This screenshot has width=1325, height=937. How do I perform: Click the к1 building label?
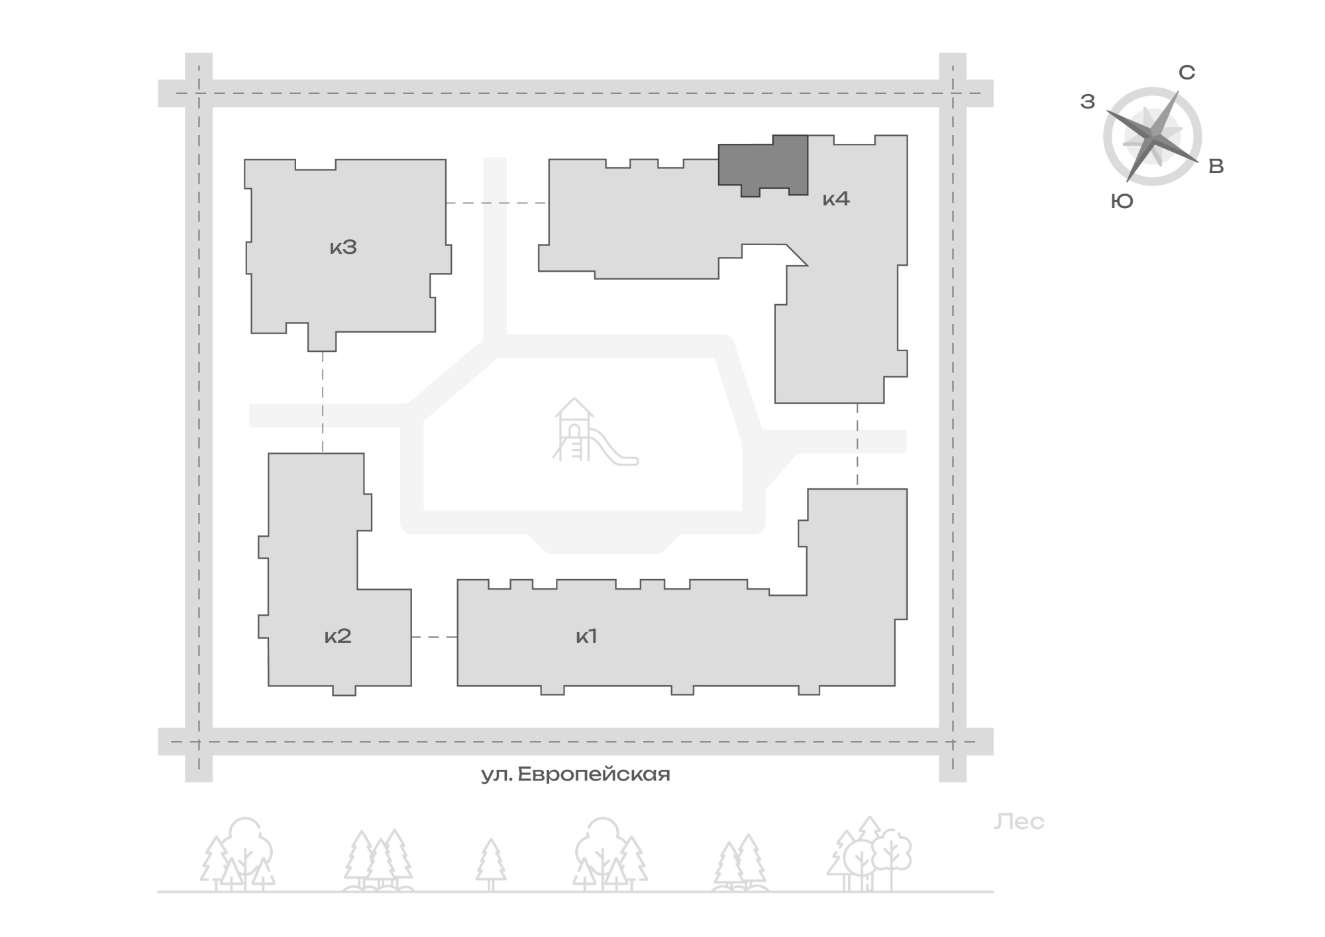pos(587,636)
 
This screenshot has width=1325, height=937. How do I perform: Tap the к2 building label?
pos(338,636)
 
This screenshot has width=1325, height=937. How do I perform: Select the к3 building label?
pos(343,247)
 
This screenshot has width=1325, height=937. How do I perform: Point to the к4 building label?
pos(836,199)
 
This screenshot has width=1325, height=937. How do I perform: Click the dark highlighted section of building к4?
pos(763,166)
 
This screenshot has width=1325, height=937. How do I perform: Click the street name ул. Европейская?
pos(576,774)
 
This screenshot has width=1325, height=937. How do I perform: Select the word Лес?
pos(1019,822)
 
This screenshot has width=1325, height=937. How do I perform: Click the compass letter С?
pos(1187,72)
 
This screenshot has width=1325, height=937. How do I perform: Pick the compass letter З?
pos(1088,101)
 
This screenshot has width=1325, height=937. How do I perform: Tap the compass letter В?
pos(1216,166)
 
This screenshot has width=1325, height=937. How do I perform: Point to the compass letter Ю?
pos(1122,201)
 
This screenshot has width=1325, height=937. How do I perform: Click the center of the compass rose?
pos(1153,137)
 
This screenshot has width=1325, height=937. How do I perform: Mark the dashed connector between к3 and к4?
pos(497,203)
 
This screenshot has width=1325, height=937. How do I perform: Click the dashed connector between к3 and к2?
pos(323,402)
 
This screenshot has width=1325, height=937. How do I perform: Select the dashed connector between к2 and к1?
pos(434,637)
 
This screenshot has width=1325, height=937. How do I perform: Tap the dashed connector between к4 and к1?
pos(857,446)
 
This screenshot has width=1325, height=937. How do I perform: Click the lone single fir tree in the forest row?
pos(490,865)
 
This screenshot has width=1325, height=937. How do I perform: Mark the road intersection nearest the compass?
pos(953,93)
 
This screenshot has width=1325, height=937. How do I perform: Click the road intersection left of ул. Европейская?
pos(199,742)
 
